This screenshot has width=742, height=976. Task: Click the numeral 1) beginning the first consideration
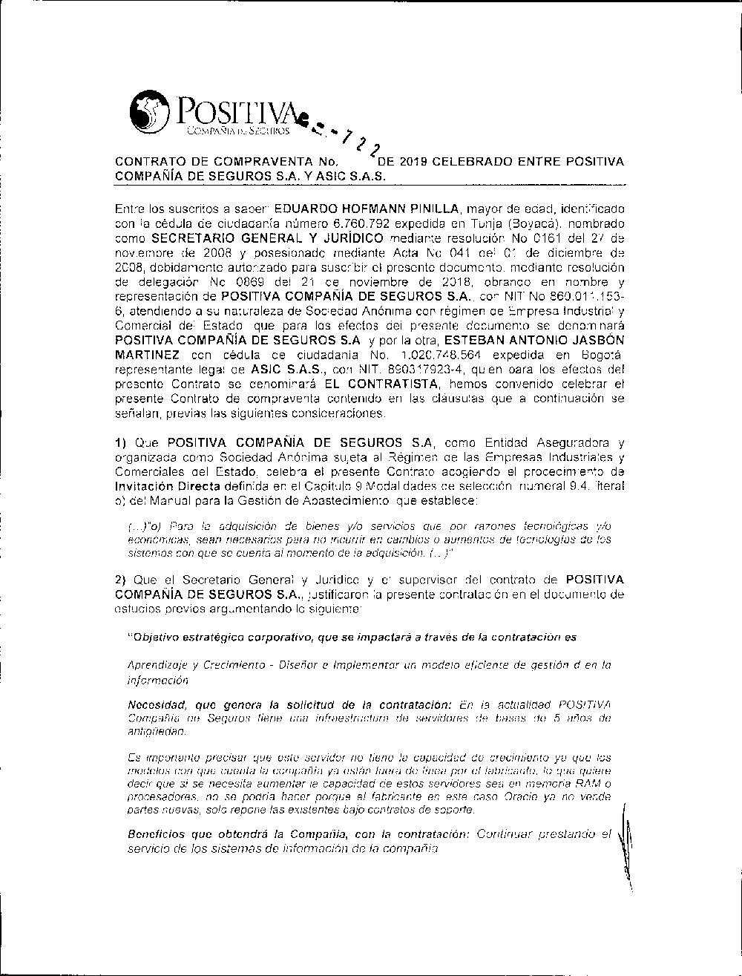pyautogui.click(x=121, y=443)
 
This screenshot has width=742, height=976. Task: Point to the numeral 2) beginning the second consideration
pyautogui.click(x=121, y=579)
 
